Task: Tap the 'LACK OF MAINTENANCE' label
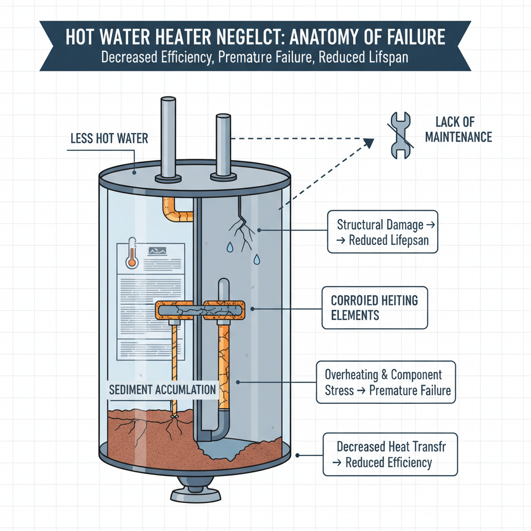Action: (463, 130)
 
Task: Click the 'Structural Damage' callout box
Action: (383, 232)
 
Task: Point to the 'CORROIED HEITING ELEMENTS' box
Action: (374, 307)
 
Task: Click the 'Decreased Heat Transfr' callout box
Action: (390, 454)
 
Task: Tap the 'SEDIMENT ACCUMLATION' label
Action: (162, 390)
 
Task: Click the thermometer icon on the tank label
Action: (131, 253)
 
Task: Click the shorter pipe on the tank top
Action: (223, 145)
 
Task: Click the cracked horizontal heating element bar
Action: (200, 311)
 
